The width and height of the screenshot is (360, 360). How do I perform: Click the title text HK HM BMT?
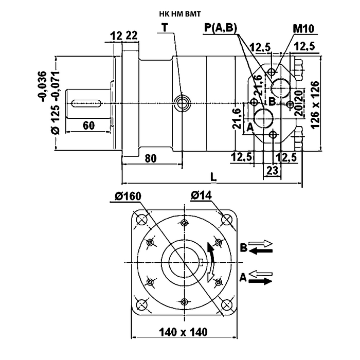point(180,14)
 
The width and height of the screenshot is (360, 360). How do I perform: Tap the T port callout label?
point(165,28)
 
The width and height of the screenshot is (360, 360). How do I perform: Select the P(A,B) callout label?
point(221,28)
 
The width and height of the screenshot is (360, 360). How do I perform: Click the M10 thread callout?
point(303,29)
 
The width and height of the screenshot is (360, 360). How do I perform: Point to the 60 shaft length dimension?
point(88,125)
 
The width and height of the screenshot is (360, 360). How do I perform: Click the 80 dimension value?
point(151,158)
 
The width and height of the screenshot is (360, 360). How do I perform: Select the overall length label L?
point(213,177)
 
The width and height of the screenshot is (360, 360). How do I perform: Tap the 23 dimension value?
point(272,171)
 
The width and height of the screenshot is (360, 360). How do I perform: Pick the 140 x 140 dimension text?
point(183,332)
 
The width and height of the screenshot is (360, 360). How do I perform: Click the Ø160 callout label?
point(129,197)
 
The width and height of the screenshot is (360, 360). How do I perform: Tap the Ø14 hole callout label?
point(201,195)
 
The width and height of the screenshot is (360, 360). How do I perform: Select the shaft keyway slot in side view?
point(86,103)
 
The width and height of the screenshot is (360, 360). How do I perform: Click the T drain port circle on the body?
point(182,103)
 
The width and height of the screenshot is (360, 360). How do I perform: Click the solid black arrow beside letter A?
point(260,281)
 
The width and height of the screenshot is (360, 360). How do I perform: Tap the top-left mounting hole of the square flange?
point(141,220)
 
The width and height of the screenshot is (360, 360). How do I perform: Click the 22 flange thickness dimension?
point(132,35)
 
